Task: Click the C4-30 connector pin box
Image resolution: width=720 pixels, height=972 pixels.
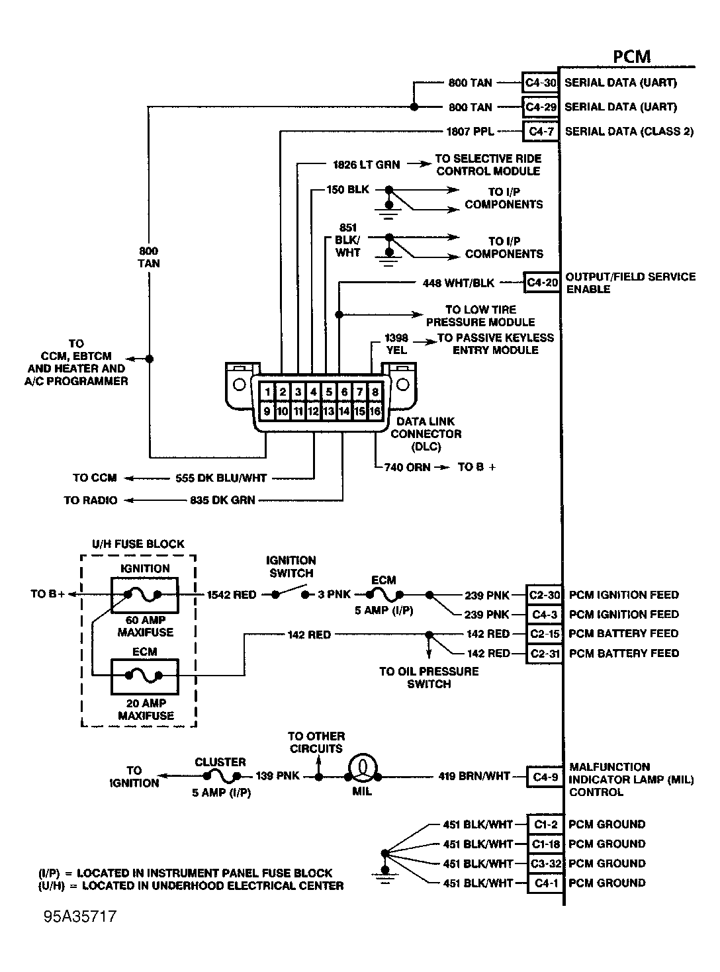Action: click(541, 83)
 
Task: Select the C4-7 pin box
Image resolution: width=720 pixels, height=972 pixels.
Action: click(541, 132)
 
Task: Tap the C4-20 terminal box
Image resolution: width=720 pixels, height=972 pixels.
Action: click(542, 283)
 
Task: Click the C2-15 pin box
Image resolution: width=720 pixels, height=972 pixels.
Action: click(545, 634)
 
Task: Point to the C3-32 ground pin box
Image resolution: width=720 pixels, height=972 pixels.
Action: click(545, 863)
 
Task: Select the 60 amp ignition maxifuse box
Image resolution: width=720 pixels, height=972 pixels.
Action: click(144, 596)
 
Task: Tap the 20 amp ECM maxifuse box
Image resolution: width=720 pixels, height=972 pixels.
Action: click(144, 676)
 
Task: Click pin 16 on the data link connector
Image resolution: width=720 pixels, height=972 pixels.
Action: click(375, 411)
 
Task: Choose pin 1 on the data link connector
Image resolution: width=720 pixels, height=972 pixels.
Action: click(267, 392)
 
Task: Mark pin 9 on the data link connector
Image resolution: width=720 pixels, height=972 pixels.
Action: click(267, 411)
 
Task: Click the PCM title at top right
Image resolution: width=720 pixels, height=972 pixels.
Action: click(631, 57)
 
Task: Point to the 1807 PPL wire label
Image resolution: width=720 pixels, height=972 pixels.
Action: click(470, 132)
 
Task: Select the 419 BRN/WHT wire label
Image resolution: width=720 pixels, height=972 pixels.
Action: click(474, 776)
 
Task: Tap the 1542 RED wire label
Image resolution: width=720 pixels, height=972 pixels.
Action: click(232, 595)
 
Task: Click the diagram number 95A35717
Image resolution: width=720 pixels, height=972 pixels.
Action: click(80, 917)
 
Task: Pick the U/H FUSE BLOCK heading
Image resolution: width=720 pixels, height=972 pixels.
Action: click(138, 544)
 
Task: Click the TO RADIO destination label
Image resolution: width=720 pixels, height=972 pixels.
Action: click(91, 500)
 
